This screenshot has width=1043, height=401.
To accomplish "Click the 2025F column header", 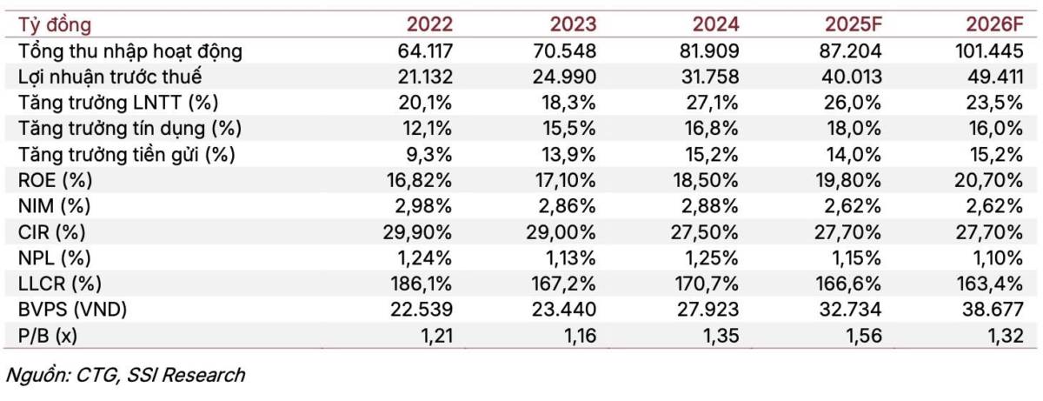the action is point(854,24).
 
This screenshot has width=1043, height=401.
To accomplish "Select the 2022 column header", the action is point(429,24).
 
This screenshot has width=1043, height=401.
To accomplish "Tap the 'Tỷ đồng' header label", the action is point(55,25).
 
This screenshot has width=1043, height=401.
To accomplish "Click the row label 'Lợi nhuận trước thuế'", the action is point(110,77).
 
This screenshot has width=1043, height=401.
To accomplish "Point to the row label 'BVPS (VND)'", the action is point(73,310).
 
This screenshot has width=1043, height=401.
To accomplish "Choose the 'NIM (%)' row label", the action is point(55,206).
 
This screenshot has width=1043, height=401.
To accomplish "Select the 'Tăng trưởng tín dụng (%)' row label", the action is point(130,129).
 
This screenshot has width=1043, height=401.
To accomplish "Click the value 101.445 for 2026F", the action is point(989,50).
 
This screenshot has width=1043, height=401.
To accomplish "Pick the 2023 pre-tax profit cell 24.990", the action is point(564,77).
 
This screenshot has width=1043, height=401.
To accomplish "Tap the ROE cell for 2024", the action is point(706,180).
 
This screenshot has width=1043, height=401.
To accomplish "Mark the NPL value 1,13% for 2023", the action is point(570,257).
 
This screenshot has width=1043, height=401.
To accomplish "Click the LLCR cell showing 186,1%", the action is point(421,284).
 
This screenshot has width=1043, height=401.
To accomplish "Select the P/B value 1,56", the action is point(863,336).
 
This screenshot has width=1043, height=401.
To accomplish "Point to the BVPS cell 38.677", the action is point(993,310).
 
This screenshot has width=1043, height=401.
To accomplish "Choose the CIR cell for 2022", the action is point(417,232).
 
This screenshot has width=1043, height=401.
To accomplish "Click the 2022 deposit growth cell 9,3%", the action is point(428,154).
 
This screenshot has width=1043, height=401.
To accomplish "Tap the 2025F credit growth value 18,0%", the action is point(854,129).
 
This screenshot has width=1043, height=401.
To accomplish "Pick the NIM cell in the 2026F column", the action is point(994,206).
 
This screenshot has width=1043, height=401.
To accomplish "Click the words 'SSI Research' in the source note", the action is point(185,375).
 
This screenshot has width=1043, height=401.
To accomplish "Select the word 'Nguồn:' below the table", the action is point(37,375).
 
